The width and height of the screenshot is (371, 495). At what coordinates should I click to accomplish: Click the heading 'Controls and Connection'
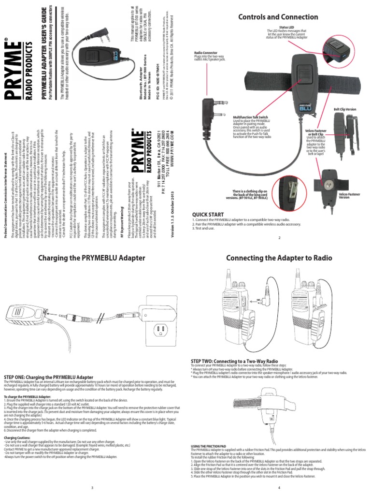pyautogui.click(x=279, y=17)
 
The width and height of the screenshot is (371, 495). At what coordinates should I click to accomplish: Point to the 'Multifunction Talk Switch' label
pyautogui.click(x=251, y=117)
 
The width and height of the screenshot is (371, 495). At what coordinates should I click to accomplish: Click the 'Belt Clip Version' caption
pyautogui.click(x=345, y=110)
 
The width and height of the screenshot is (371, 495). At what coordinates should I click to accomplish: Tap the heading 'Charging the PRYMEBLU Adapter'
pyautogui.click(x=92, y=258)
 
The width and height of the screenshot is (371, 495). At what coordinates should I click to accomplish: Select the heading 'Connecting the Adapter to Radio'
pyautogui.click(x=279, y=258)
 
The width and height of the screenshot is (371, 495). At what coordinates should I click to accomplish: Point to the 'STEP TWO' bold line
pyautogui.click(x=234, y=361)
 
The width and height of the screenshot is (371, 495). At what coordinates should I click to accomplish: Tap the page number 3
pyautogui.click(x=92, y=487)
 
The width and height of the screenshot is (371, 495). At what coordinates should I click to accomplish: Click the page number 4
pyautogui.click(x=279, y=487)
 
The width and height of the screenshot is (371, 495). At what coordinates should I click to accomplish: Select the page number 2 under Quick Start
pyautogui.click(x=279, y=237)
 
